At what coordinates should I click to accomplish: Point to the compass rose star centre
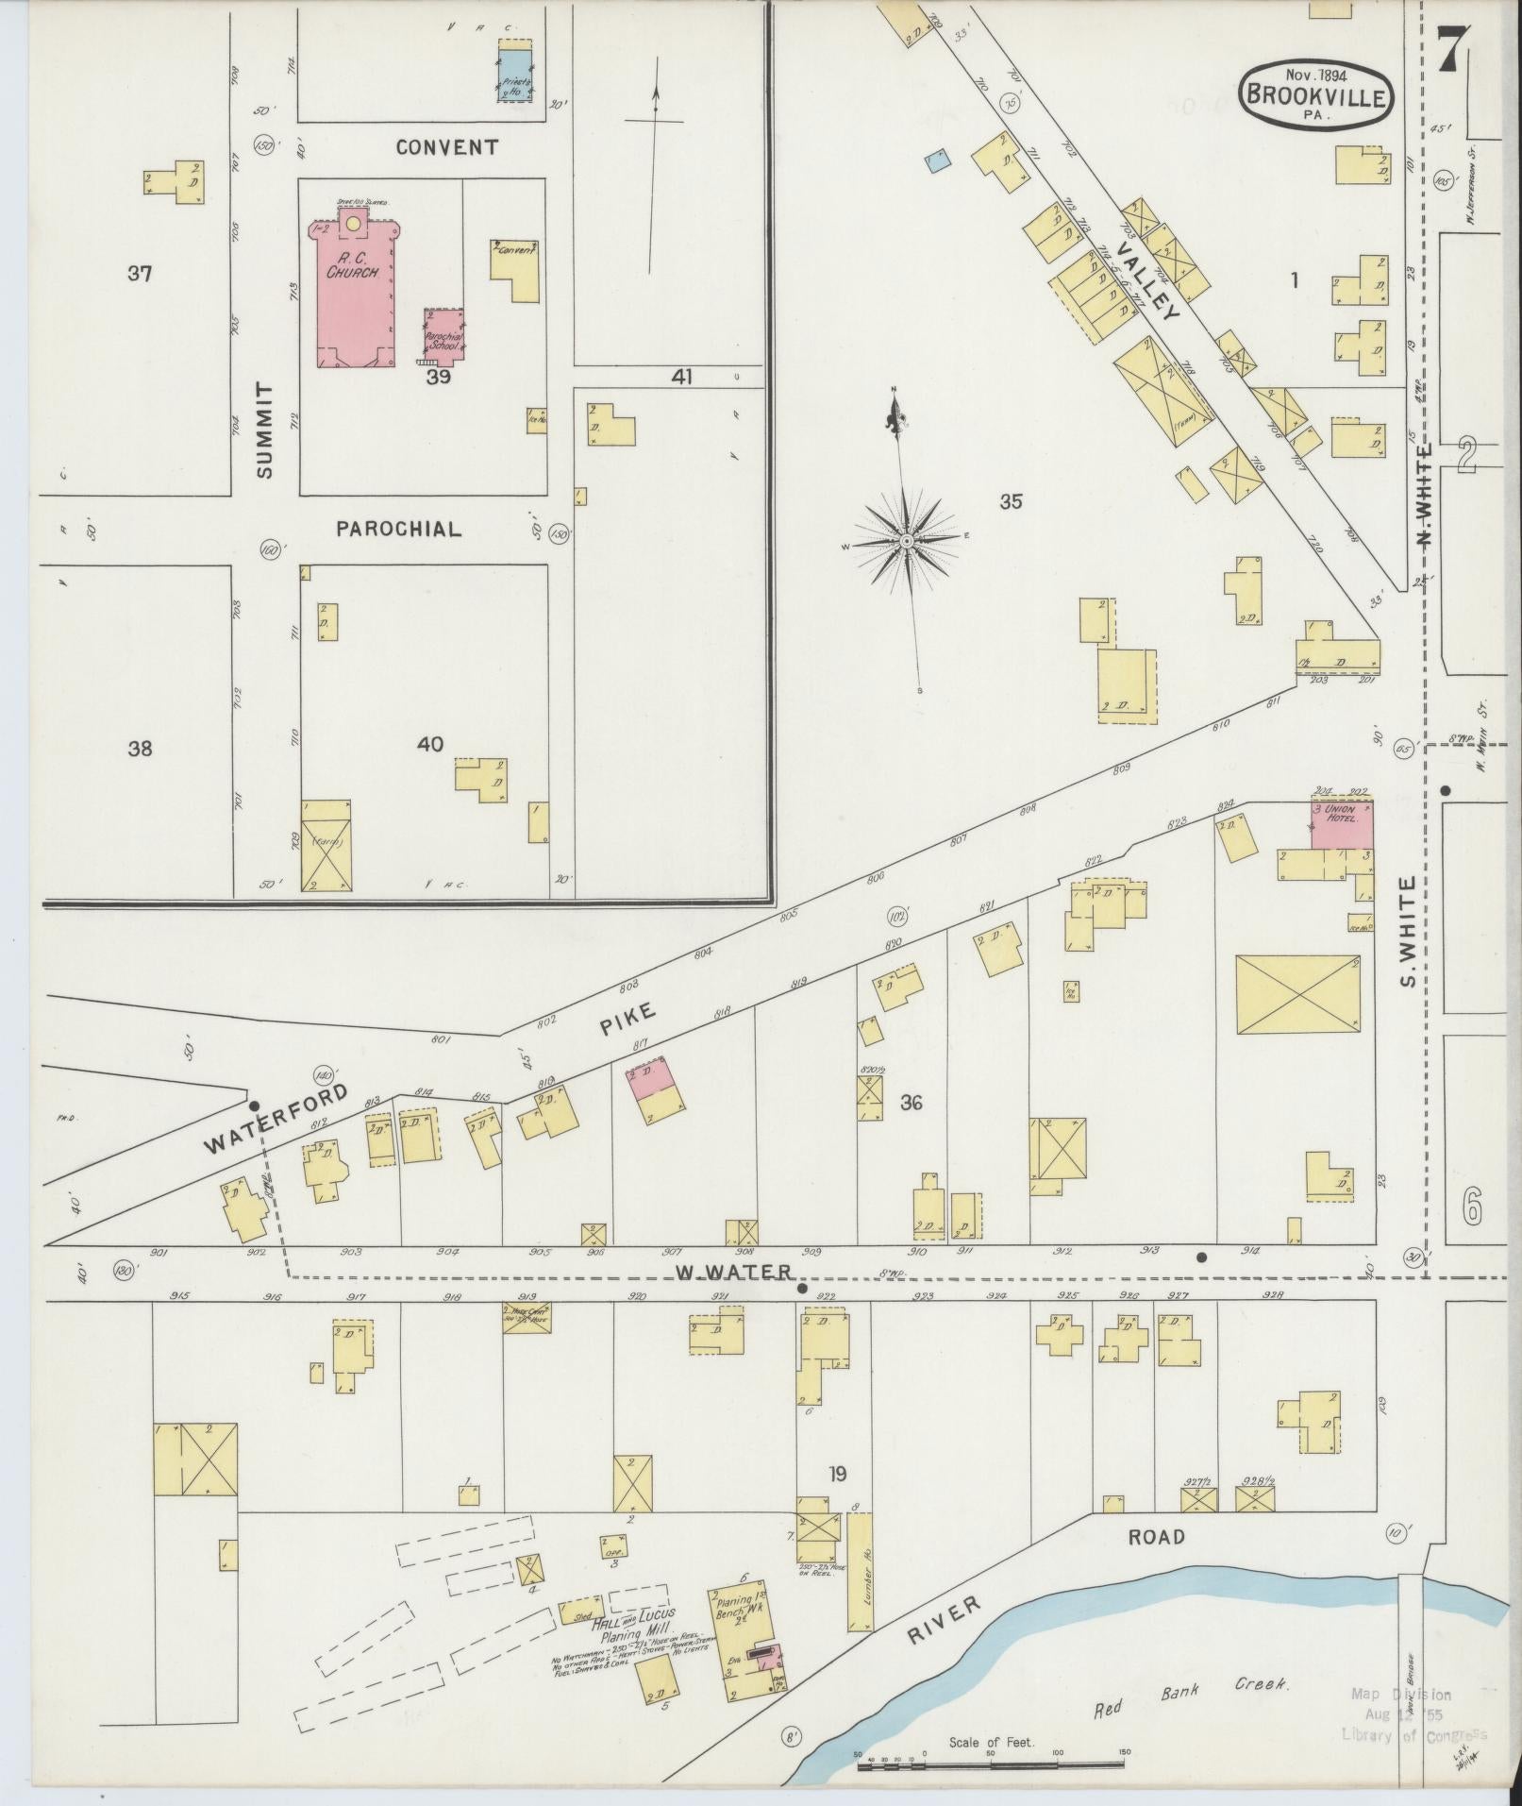[x=906, y=541]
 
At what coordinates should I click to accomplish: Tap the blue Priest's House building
[x=515, y=76]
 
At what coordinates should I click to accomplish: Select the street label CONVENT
[x=446, y=147]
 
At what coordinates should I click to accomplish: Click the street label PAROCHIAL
[x=399, y=530]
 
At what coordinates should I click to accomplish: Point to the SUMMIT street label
[x=264, y=430]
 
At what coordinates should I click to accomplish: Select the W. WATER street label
[x=732, y=1274]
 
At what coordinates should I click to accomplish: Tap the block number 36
[x=911, y=1102]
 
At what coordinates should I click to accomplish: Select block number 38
[x=140, y=749]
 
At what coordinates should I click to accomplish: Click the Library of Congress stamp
[x=1413, y=1713]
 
